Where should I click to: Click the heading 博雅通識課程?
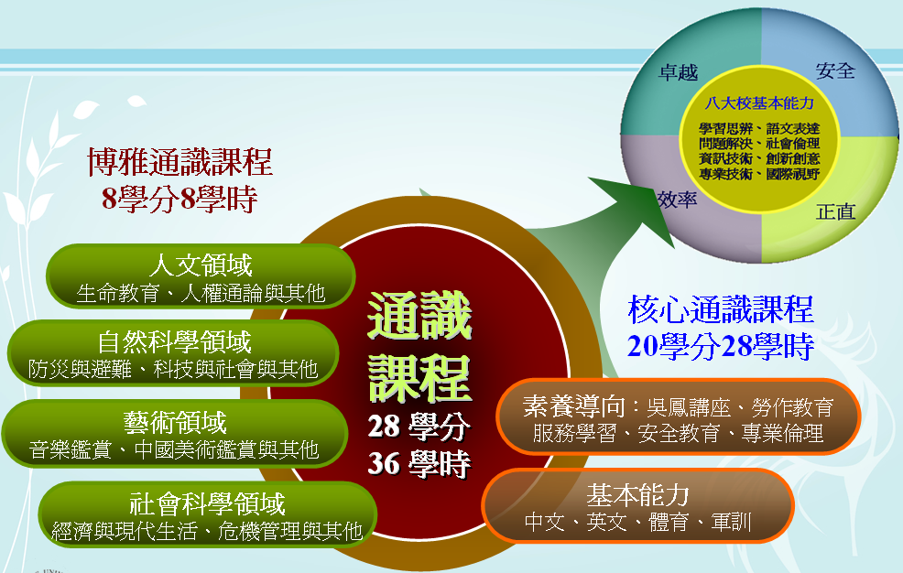(x=180, y=162)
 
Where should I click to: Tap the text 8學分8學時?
(x=180, y=199)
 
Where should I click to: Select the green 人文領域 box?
(x=201, y=276)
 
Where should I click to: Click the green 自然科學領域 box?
(x=173, y=353)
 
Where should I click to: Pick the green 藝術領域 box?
(x=175, y=434)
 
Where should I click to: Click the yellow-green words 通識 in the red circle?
(x=419, y=315)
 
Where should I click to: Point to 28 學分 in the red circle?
(x=419, y=427)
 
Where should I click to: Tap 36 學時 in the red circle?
(x=419, y=464)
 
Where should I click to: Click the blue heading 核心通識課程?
(x=721, y=309)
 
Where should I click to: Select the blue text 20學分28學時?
(x=721, y=346)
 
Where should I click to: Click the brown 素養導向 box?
(x=679, y=417)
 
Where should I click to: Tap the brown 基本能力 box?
(x=637, y=506)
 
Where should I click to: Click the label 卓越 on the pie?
(x=679, y=72)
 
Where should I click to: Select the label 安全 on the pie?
(x=835, y=70)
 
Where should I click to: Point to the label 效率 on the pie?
(x=678, y=200)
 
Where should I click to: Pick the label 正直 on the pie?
(x=835, y=211)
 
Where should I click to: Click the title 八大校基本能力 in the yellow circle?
(x=759, y=103)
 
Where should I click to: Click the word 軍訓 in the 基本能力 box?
(x=731, y=522)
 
